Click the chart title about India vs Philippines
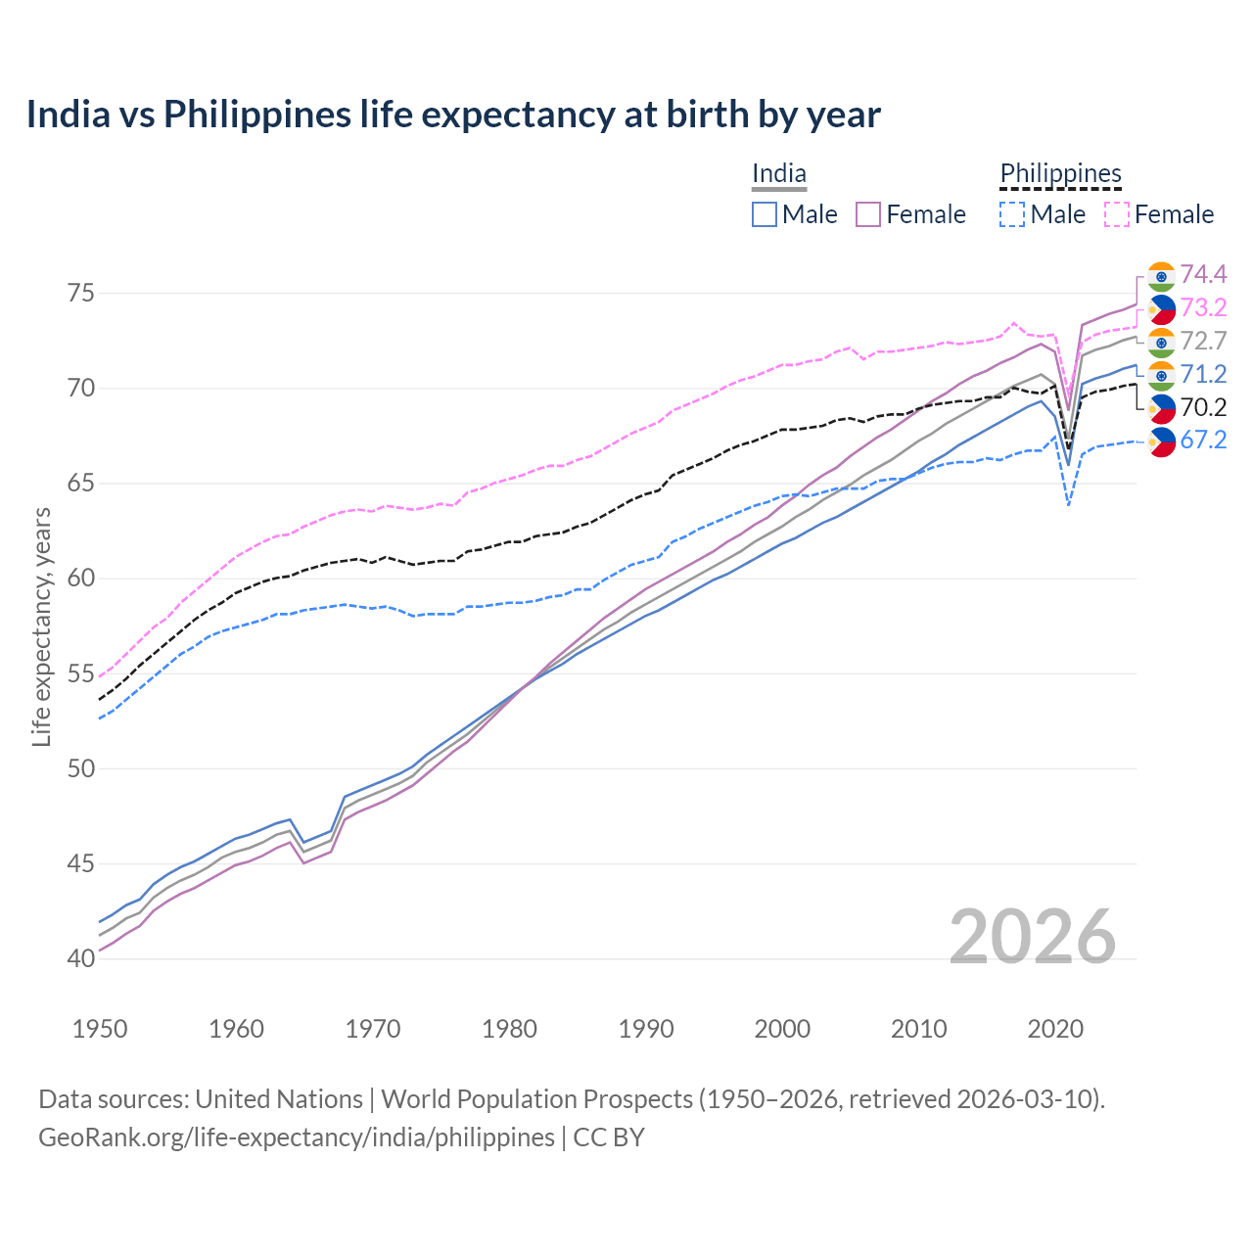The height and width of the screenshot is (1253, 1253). point(453,115)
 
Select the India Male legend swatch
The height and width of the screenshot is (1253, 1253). point(765,214)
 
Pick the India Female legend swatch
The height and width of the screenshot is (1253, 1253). point(869,214)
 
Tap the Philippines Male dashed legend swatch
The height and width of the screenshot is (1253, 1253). point(1013,214)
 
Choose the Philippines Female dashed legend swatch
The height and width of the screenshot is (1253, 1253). point(1117,214)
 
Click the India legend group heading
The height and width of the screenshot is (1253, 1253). point(779,174)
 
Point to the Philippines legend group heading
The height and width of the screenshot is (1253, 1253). point(1060,174)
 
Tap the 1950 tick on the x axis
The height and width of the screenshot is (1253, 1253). point(100,1029)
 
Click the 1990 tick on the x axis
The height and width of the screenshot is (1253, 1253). point(646,1029)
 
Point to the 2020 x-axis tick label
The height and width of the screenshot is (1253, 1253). point(1055,1029)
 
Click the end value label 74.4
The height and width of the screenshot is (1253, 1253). point(1203,274)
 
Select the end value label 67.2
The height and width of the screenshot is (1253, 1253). point(1203,441)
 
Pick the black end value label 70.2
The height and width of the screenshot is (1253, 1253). point(1203,407)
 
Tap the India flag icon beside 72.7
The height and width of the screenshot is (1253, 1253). point(1161,342)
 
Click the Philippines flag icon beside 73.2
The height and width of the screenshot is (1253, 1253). point(1161,308)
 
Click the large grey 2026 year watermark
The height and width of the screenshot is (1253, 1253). point(1033,937)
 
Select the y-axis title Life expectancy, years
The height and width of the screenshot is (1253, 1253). point(42,626)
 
